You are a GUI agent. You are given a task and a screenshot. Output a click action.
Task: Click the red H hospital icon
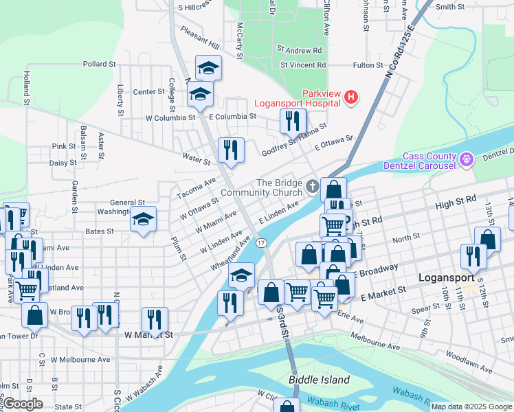[351, 97]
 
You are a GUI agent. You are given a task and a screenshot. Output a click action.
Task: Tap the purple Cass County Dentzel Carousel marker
[467, 161]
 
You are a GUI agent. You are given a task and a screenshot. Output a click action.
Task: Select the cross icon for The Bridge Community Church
[312, 186]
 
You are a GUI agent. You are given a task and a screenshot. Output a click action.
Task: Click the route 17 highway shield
[261, 243]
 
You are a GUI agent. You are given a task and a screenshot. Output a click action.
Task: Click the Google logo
[23, 404]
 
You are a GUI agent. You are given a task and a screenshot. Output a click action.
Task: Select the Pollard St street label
[99, 64]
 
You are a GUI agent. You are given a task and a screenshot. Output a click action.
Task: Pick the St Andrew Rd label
[300, 50]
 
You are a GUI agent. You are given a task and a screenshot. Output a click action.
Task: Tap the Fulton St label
[368, 65]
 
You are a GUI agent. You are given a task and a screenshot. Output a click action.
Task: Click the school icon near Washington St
[144, 219]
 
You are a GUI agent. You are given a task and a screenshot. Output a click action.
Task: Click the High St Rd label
[456, 199]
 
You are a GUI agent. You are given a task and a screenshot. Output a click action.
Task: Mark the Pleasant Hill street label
[199, 38]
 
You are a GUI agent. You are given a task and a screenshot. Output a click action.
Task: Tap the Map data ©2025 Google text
[471, 407]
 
